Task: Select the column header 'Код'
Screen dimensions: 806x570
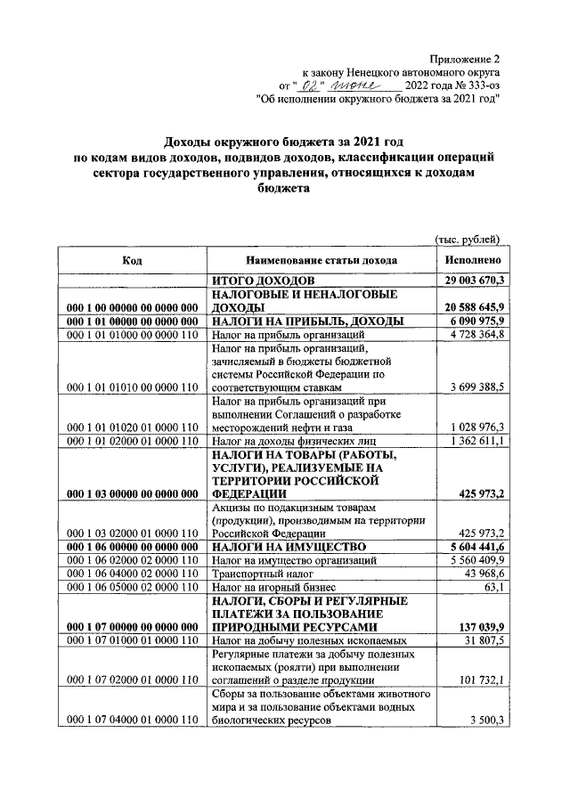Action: pyautogui.click(x=132, y=260)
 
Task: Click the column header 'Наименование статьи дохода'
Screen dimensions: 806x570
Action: pyautogui.click(x=322, y=260)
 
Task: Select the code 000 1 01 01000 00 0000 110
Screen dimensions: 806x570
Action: pyautogui.click(x=132, y=335)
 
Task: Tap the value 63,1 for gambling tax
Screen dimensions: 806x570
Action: pyautogui.click(x=492, y=589)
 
